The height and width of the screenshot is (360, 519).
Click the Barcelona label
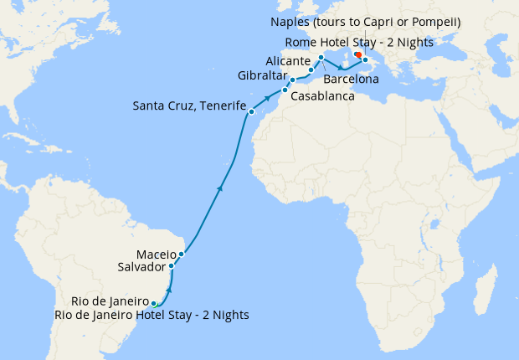[352, 80]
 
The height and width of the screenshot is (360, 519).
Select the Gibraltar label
[260, 75]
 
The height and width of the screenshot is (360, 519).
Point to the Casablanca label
[322, 96]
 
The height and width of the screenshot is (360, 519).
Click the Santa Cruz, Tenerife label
[189, 106]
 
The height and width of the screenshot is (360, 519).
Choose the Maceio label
[155, 254]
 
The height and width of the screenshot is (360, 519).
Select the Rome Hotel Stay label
[359, 41]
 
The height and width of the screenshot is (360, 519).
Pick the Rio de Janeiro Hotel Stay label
[151, 315]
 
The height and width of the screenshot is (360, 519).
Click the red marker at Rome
[357, 54]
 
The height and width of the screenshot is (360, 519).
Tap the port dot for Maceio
[181, 254]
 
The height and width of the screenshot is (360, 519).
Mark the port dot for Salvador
[172, 266]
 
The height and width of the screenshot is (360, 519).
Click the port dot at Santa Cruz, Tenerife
[250, 111]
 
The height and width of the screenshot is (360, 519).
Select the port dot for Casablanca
[285, 90]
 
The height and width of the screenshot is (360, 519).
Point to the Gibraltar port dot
[292, 80]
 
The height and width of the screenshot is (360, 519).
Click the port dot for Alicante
[311, 69]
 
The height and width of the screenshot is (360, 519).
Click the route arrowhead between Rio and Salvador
[169, 288]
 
